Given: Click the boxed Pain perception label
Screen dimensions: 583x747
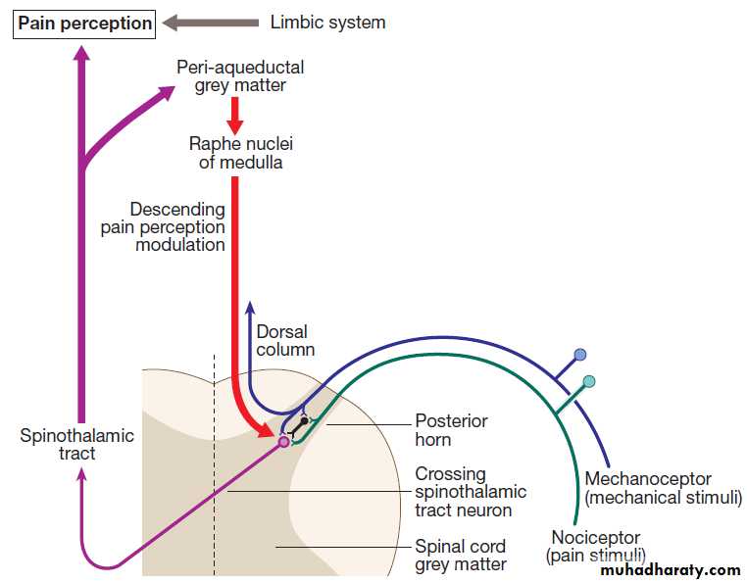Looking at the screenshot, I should pyautogui.click(x=84, y=23).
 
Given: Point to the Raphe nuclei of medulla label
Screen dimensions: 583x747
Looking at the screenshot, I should pyautogui.click(x=240, y=153).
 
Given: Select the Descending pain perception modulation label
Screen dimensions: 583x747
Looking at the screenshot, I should pyautogui.click(x=163, y=226).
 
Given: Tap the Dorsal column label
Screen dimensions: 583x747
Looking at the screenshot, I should pyautogui.click(x=285, y=340).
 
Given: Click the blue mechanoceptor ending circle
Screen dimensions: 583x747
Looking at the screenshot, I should pyautogui.click(x=580, y=354).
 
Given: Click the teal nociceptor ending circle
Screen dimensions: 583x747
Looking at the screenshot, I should pyautogui.click(x=588, y=381).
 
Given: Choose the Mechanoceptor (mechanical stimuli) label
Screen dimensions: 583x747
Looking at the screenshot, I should pyautogui.click(x=662, y=488).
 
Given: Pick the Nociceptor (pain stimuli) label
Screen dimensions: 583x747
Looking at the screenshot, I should pyautogui.click(x=595, y=547).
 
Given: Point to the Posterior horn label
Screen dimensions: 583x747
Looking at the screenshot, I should pyautogui.click(x=451, y=430).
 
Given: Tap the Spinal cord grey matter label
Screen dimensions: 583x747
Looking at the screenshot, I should pyautogui.click(x=461, y=555).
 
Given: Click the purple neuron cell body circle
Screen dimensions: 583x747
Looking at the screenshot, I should pyautogui.click(x=284, y=442).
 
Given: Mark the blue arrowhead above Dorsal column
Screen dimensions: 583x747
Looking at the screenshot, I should pyautogui.click(x=250, y=305).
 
